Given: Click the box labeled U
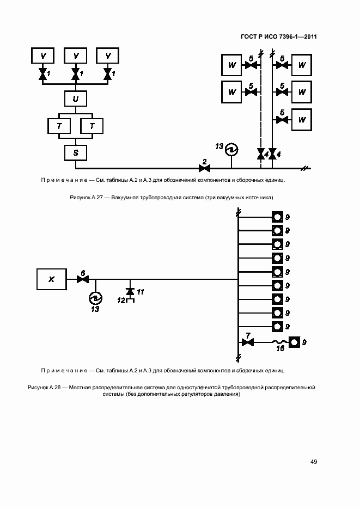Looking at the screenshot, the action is click(x=76, y=99).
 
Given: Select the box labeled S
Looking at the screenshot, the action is click(x=76, y=153).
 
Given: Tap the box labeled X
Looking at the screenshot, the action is click(x=52, y=279).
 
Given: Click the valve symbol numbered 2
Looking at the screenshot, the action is click(x=205, y=168).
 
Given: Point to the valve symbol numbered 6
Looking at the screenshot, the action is click(x=83, y=279).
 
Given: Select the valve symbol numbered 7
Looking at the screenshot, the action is click(x=248, y=342).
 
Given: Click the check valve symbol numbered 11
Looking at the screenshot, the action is click(x=130, y=291).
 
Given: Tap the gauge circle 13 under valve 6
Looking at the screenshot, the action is click(x=95, y=298).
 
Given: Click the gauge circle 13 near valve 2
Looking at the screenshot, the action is click(x=231, y=150).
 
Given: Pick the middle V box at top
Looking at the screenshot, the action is click(x=76, y=56).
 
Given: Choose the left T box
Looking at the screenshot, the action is click(x=59, y=126).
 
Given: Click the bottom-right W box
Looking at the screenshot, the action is click(x=302, y=120).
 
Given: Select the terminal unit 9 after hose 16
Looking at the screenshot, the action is click(x=294, y=342).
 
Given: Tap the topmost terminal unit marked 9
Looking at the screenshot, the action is click(x=277, y=217).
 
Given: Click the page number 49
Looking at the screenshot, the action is click(x=314, y=462).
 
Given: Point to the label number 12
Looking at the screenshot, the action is click(x=121, y=301).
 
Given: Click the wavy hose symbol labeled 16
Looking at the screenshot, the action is click(x=280, y=342).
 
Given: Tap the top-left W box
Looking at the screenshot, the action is click(x=231, y=65).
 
